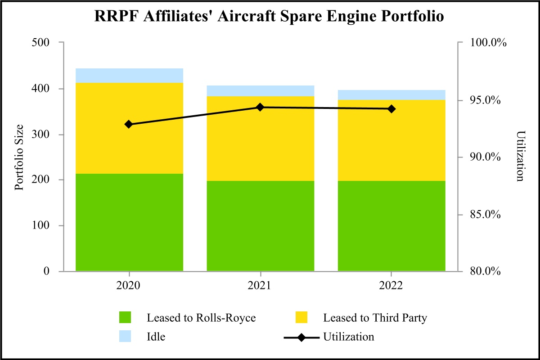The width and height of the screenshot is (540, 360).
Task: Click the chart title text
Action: point(270,16)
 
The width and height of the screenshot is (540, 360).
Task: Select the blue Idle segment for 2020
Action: point(129,76)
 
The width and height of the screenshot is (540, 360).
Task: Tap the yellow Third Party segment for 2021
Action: point(260,139)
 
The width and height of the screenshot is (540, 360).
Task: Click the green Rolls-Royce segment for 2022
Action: point(391,226)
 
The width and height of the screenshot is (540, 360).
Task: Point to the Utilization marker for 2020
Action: point(129,124)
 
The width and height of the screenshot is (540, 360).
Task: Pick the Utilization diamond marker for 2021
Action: point(260,107)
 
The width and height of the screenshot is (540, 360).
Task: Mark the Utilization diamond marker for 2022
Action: point(391,109)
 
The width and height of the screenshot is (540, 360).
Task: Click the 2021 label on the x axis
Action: point(260,286)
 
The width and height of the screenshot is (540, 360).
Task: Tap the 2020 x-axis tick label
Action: point(129,286)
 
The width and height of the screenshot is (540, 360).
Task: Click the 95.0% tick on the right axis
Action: point(489,100)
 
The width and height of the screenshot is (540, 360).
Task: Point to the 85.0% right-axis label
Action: point(489,214)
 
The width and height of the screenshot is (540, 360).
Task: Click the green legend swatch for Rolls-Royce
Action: point(126,318)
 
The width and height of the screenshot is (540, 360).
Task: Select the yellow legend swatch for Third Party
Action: point(301,318)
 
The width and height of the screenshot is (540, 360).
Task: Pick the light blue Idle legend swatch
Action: point(126,337)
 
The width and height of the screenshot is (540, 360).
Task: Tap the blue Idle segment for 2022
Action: point(391,95)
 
